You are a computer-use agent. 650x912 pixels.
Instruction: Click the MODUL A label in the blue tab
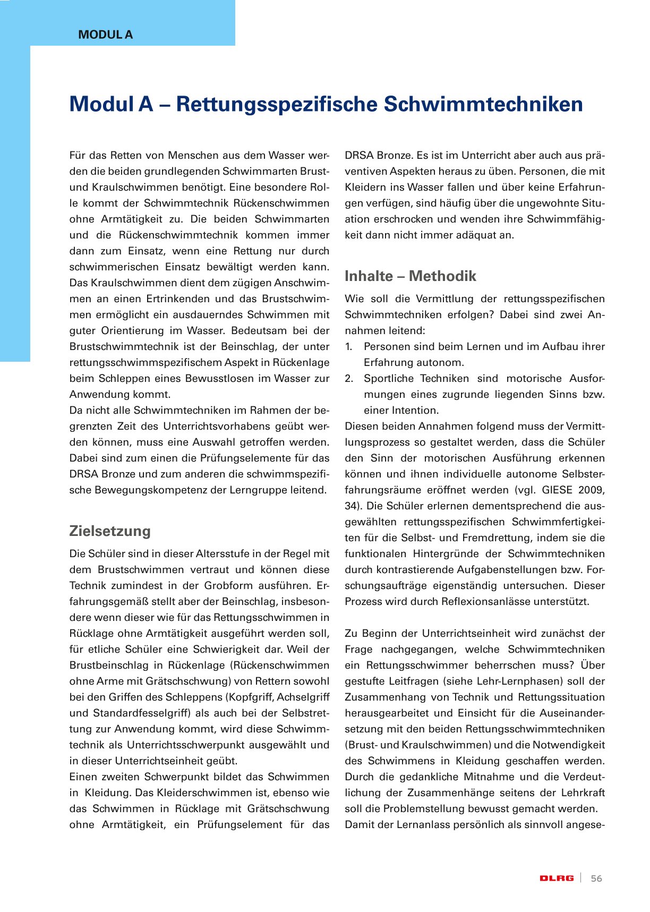105,35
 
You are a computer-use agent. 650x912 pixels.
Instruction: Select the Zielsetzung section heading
110,531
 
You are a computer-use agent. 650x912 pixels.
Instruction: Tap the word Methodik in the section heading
442,276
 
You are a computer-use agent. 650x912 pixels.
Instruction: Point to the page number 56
596,879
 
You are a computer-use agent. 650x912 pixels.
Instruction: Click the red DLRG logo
557,879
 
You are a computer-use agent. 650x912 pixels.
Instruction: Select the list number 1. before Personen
348,347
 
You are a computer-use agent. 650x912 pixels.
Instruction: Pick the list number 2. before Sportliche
349,379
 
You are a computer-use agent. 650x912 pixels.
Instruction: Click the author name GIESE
558,490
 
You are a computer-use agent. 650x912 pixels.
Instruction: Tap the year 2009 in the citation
592,490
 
